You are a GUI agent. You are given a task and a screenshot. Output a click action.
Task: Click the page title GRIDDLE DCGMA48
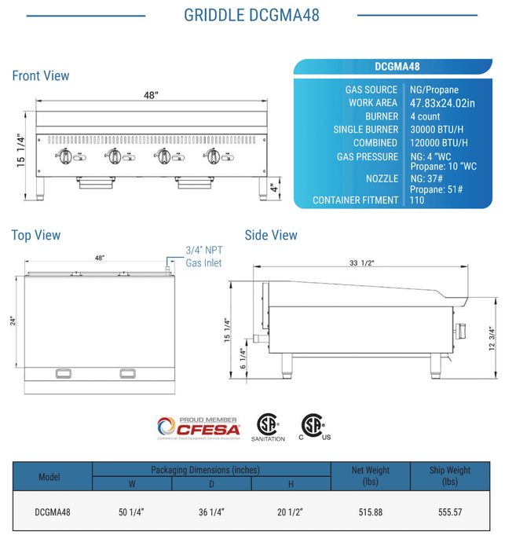[251, 15]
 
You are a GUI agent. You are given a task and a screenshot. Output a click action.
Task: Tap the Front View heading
[41, 76]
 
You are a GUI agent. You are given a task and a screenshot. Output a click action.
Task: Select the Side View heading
[271, 235]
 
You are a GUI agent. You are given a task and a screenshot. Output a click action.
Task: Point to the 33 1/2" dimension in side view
[363, 263]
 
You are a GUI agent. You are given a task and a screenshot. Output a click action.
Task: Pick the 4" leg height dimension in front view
[273, 189]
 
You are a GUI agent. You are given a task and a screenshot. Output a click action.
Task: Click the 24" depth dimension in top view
[13, 321]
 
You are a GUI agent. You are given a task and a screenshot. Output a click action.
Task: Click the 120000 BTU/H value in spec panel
[438, 143]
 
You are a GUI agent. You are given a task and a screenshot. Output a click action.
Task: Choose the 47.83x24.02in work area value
[442, 103]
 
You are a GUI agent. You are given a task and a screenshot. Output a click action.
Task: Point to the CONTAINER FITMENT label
[355, 200]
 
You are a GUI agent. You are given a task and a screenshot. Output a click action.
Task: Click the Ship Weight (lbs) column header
[450, 476]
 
